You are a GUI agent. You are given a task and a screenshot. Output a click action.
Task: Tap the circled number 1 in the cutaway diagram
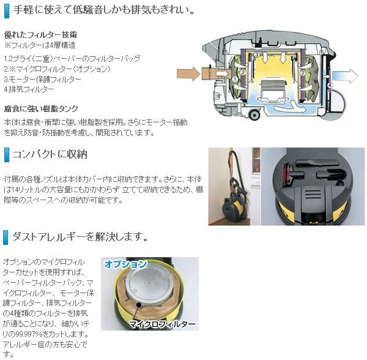(x=234, y=80)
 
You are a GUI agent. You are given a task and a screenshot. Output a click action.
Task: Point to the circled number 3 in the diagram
(x=258, y=56)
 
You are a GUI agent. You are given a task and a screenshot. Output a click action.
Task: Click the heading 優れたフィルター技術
(x=40, y=35)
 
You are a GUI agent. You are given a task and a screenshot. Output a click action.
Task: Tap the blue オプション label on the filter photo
(x=125, y=264)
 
